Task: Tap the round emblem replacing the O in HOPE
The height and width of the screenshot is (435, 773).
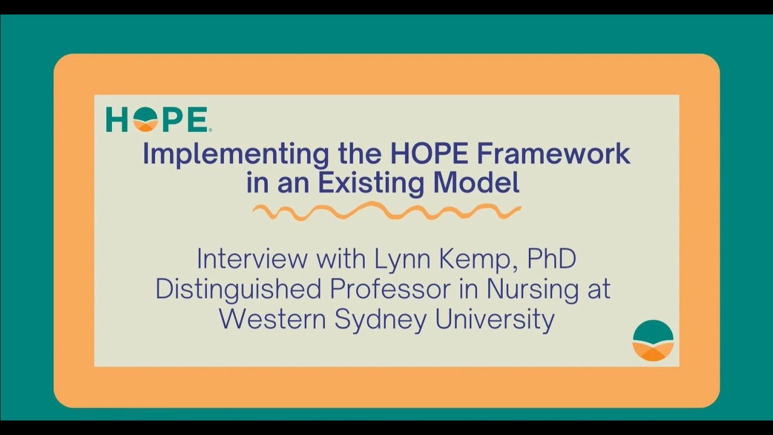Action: pyautogui.click(x=146, y=120)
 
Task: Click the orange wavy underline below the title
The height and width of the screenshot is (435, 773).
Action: pyautogui.click(x=386, y=212)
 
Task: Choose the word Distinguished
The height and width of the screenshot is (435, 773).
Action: pyautogui.click(x=239, y=289)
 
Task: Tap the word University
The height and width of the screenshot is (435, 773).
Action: pyautogui.click(x=495, y=320)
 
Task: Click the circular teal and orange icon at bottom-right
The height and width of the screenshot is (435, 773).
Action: pyautogui.click(x=653, y=341)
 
